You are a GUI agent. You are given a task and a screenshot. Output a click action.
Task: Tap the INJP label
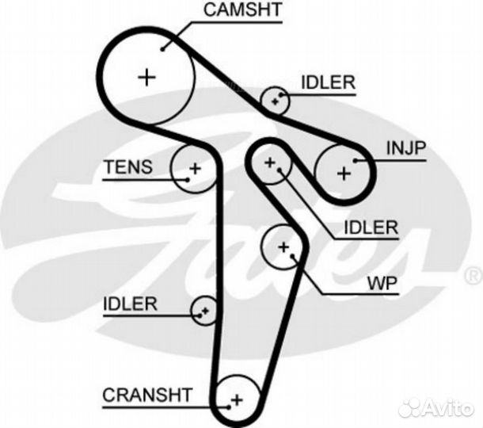pyautogui.click(x=406, y=147)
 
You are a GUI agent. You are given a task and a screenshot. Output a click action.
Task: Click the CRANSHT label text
pyautogui.click(x=147, y=394)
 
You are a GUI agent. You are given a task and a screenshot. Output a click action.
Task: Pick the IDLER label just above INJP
pyautogui.click(x=328, y=82)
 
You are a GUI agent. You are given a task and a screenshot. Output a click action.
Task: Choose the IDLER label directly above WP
pyautogui.click(x=370, y=228)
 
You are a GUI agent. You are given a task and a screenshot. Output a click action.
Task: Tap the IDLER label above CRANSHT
pyautogui.click(x=131, y=303)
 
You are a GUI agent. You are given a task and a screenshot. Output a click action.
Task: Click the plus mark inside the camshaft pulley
pyautogui.click(x=146, y=77)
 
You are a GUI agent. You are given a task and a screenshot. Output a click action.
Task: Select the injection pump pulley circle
pyautogui.click(x=344, y=171)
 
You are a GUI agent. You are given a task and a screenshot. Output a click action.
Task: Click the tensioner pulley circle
pyautogui.click(x=194, y=168)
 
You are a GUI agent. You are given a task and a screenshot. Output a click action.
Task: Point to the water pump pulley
pyautogui.click(x=283, y=247)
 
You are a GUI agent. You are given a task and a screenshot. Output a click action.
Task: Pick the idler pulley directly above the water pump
pyautogui.click(x=270, y=163)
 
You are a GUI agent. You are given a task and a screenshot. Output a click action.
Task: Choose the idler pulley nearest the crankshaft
pyautogui.click(x=204, y=310)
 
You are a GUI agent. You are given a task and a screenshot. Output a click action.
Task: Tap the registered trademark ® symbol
pyautogui.click(x=472, y=275)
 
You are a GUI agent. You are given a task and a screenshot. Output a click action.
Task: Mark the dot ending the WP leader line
pyautogui.click(x=294, y=257)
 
